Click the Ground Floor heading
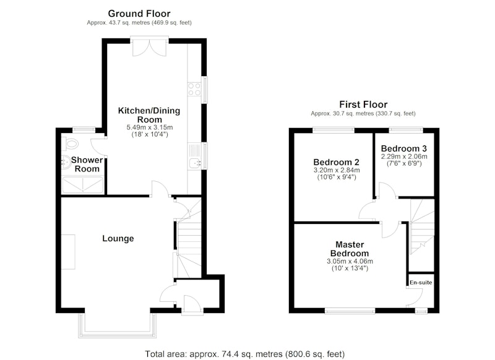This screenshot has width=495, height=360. click(x=139, y=14)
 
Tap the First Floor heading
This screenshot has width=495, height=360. click(x=363, y=105)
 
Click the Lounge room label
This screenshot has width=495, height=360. click(x=118, y=239)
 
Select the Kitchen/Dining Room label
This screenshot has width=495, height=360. click(x=149, y=115)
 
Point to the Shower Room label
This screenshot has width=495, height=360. click(x=87, y=165)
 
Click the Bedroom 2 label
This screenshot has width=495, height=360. click(x=336, y=162)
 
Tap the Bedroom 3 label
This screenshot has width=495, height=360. click(x=404, y=148)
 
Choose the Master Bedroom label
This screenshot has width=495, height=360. click(x=350, y=249)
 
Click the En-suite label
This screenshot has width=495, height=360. click(x=421, y=283)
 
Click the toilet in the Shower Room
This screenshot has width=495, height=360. click(x=70, y=144)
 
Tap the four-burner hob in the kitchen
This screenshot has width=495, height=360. click(x=194, y=88)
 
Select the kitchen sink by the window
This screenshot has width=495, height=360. click(x=195, y=156)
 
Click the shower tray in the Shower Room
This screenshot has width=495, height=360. click(x=83, y=185)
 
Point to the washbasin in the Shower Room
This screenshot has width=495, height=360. click(x=66, y=163)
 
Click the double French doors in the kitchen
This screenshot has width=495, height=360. click(x=149, y=46)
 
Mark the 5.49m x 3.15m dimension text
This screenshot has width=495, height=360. click(x=150, y=127)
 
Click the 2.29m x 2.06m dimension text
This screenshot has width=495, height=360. click(x=404, y=156)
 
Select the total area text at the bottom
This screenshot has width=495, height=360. click(x=245, y=354)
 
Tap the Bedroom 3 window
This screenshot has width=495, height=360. click(x=406, y=129)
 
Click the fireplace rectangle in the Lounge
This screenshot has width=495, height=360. click(x=68, y=252)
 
